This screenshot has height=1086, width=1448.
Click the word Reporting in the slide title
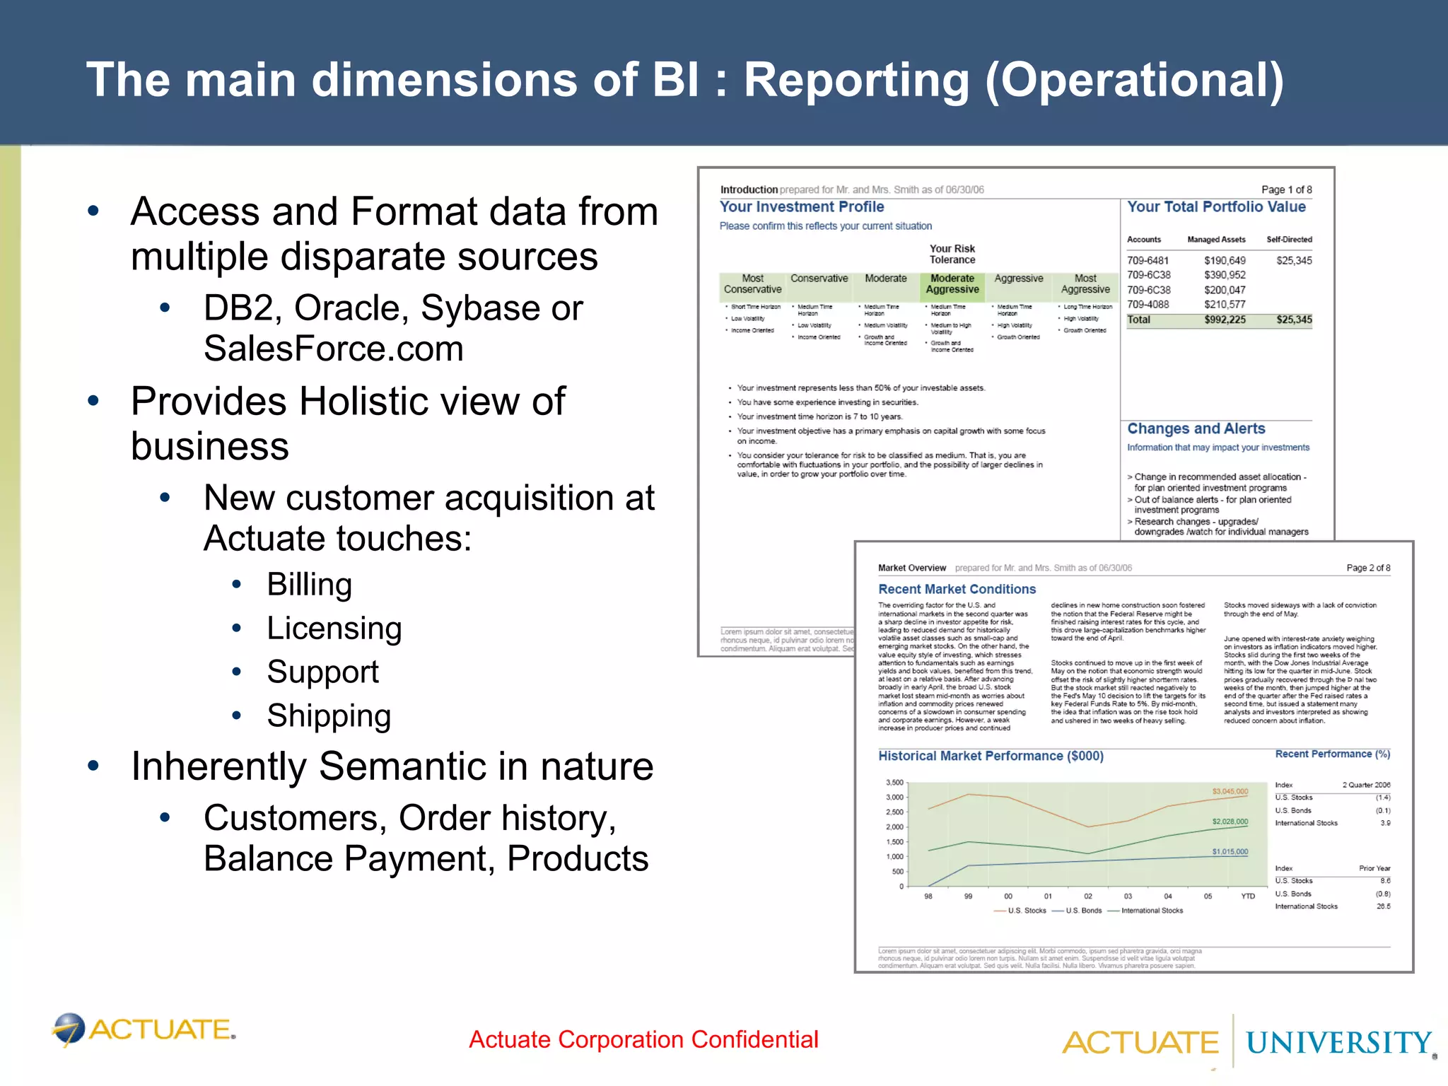pyautogui.click(x=856, y=80)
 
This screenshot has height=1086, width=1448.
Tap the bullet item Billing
pyautogui.click(x=309, y=585)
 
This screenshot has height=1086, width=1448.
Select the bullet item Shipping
pyautogui.click(x=329, y=716)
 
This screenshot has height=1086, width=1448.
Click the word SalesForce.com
pyautogui.click(x=333, y=349)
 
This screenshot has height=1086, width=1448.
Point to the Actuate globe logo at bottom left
pyautogui.click(x=69, y=1029)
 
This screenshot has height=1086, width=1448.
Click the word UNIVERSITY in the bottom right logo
pyautogui.click(x=1338, y=1043)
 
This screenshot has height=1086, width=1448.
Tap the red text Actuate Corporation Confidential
pyautogui.click(x=643, y=1039)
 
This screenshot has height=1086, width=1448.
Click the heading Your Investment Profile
pyautogui.click(x=802, y=206)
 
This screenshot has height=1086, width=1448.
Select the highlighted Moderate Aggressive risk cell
pyautogui.click(x=952, y=284)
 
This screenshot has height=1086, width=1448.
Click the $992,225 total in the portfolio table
pyautogui.click(x=1225, y=320)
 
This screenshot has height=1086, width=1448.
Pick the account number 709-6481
pyautogui.click(x=1148, y=260)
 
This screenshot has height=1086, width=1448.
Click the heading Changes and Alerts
pyautogui.click(x=1196, y=428)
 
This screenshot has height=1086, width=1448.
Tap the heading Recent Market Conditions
pyautogui.click(x=957, y=589)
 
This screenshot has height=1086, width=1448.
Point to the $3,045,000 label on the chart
pyautogui.click(x=1230, y=791)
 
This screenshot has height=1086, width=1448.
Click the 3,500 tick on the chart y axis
pyautogui.click(x=894, y=783)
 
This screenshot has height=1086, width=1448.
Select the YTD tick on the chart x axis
pyautogui.click(x=1248, y=897)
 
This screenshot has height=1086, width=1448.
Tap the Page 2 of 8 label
pyautogui.click(x=1368, y=568)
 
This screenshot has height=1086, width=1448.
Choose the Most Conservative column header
pyautogui.click(x=752, y=284)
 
